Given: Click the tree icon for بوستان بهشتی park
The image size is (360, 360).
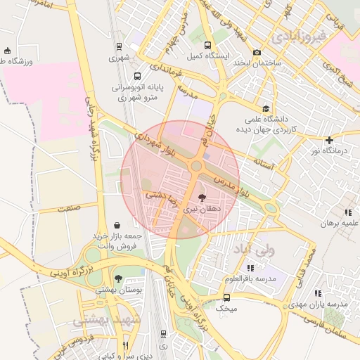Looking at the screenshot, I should pos(118,278).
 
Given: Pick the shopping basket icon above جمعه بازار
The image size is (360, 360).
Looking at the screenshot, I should pos(115,225).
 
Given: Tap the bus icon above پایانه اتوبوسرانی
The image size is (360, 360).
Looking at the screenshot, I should pos(137,76).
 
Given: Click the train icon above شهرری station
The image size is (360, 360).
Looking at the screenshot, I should pos(118,48).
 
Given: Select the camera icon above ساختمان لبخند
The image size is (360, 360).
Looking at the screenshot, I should pos(257,53).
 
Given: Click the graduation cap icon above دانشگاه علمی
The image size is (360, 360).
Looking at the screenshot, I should pos(266,109).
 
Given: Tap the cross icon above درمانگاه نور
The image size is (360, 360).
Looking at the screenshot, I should pos(329,141).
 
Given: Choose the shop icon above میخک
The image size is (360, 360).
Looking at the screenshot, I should pos(226,297).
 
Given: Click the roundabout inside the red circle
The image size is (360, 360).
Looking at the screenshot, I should pos(196,166).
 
